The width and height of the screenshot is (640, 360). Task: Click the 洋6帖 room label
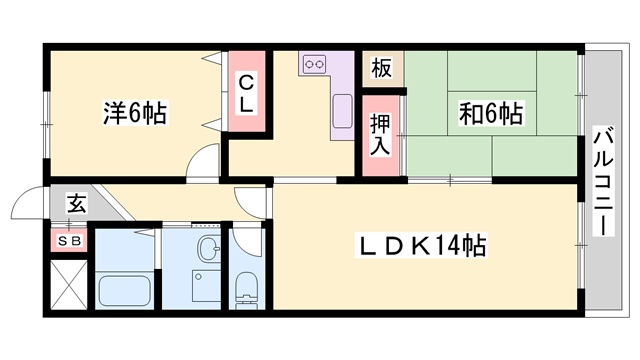click(135, 113)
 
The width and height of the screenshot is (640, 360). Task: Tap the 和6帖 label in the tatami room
click(491, 113)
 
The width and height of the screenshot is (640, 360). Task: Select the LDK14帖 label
click(422, 246)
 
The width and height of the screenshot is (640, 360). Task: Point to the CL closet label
click(246, 96)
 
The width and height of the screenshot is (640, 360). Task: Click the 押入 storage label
click(380, 135)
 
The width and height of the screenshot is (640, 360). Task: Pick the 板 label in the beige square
click(382, 68)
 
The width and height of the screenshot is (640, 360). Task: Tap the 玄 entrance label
click(77, 203)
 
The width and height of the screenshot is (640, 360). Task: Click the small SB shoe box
click(69, 241)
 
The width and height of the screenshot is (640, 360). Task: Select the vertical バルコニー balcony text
click(603, 182)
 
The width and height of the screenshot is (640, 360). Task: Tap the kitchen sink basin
click(342, 111)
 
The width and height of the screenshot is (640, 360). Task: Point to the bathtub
click(125, 292)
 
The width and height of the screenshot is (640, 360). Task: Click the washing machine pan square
click(207, 285)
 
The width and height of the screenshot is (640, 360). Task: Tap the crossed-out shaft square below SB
click(69, 285)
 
